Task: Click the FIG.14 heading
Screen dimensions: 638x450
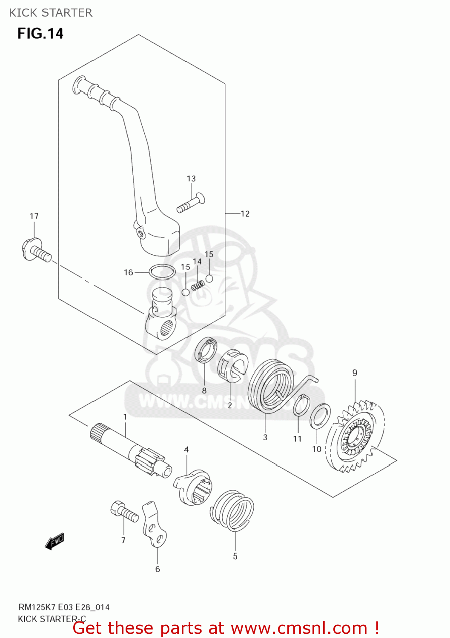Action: coord(40,34)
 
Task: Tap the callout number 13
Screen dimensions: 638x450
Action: coord(191,179)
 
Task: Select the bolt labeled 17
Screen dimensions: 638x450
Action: coord(36,251)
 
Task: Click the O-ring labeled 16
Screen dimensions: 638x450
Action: coord(162,272)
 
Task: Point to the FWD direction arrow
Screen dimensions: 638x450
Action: coord(54,541)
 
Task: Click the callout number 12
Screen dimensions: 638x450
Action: coord(245,214)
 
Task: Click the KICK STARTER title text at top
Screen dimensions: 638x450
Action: coord(51,13)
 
